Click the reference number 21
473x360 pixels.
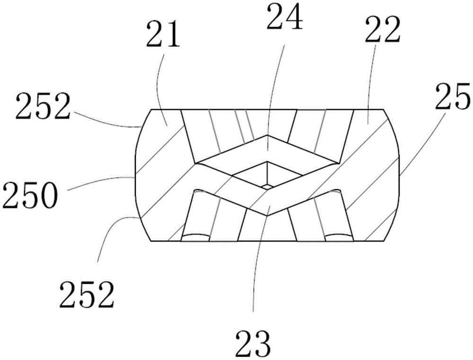coord(163,36)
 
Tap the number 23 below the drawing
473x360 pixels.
coord(253,344)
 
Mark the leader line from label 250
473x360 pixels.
coord(101,181)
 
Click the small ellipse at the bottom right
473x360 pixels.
coord(339,236)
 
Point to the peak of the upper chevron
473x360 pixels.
coord(267,135)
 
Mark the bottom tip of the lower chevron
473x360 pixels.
coord(267,215)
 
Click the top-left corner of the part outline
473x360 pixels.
coord(151,109)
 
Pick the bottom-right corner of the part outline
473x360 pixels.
coord(384,241)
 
